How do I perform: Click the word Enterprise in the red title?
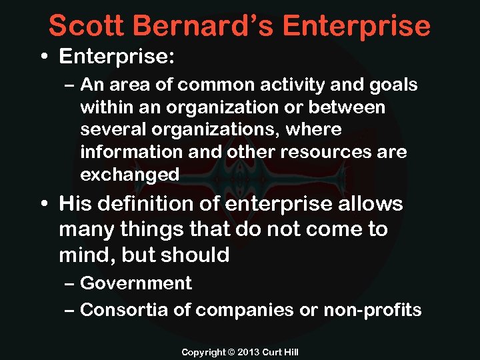coord(357,25)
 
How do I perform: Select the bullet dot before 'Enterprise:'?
coord(43,57)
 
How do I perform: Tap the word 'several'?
coord(109,129)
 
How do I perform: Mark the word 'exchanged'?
coord(129,175)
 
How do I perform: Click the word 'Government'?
coord(136,283)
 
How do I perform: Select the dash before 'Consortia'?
coord(70,310)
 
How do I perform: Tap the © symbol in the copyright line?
coord(232,351)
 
